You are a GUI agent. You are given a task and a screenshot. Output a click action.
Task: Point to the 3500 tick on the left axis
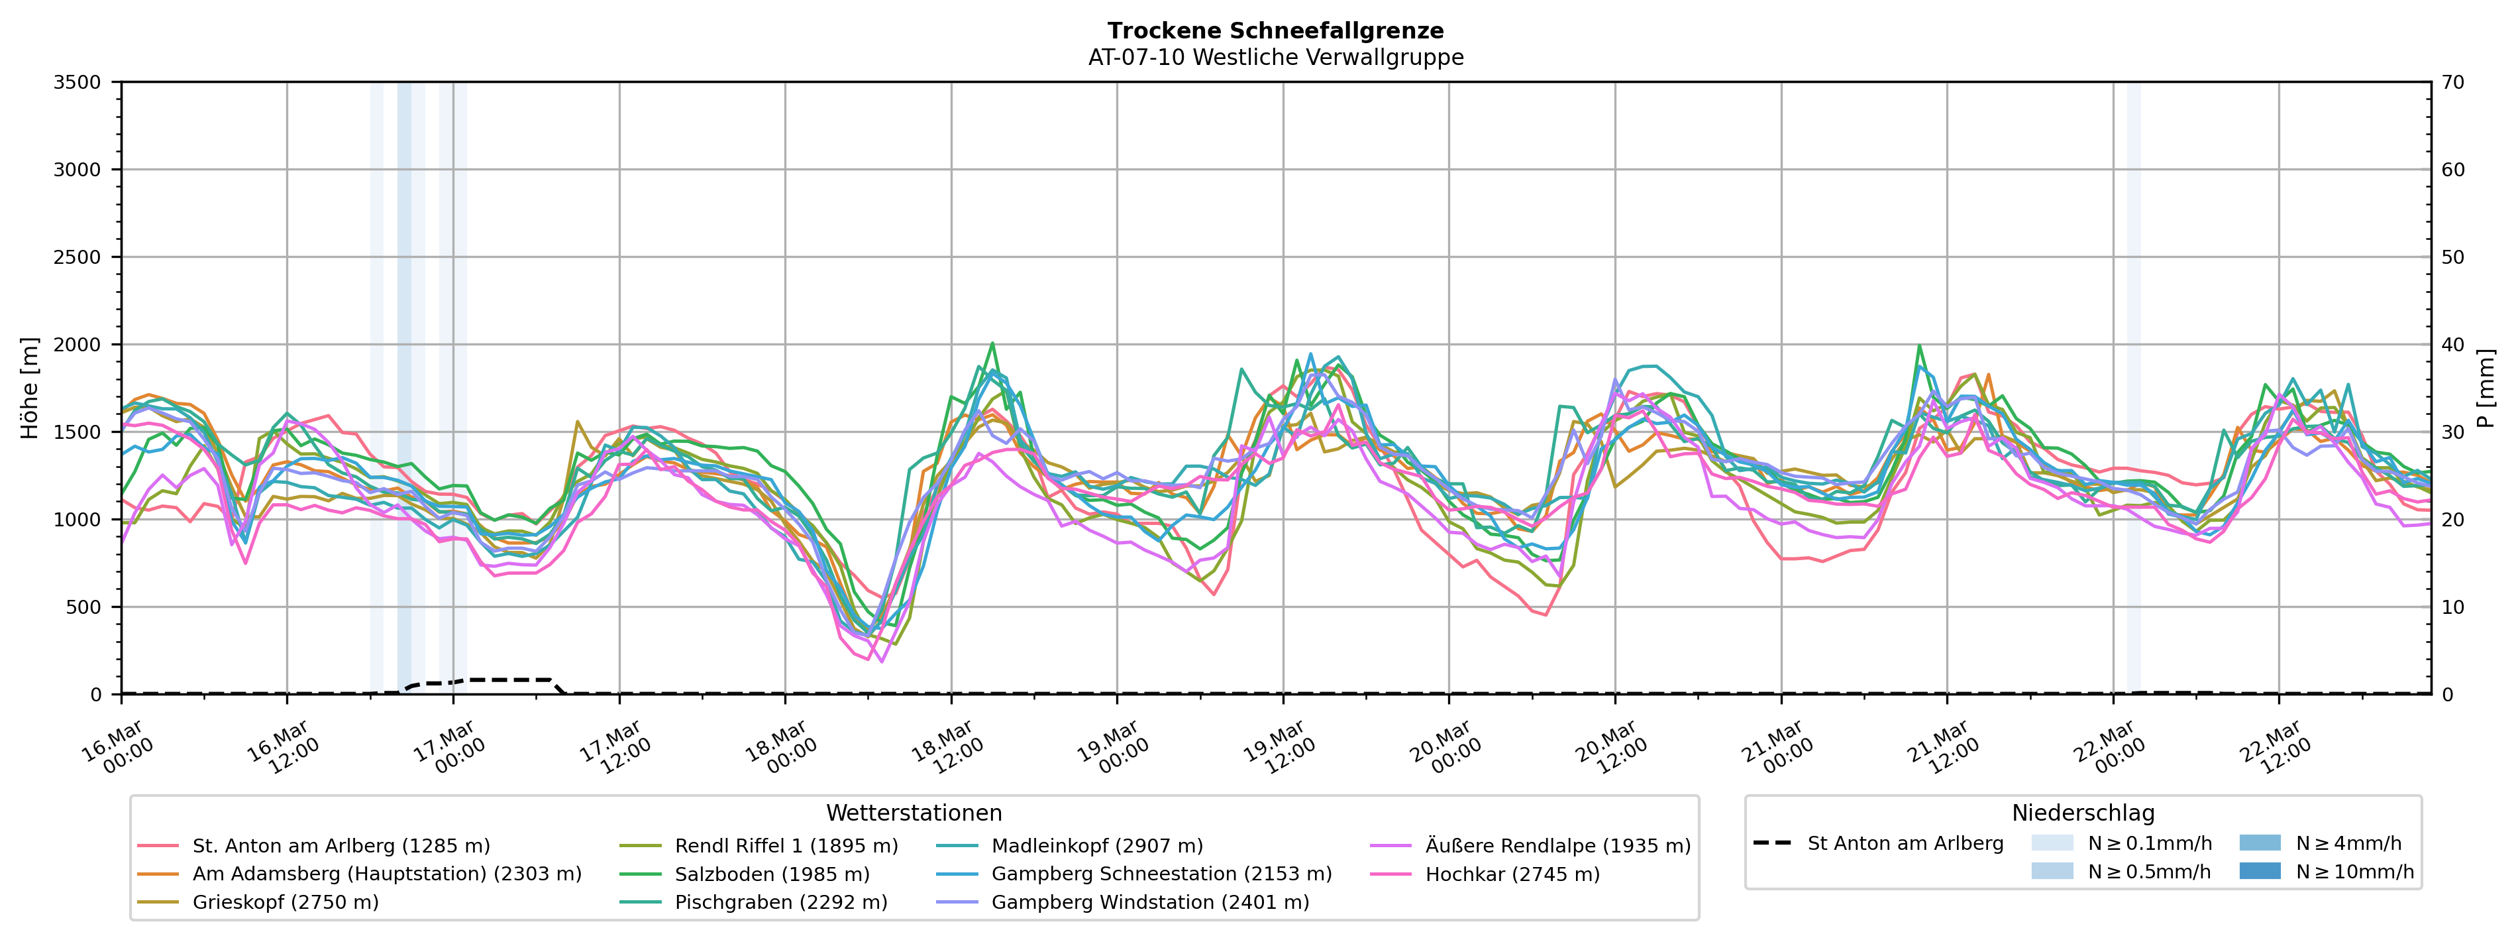78,82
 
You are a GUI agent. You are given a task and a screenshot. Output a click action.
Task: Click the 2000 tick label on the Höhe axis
78,344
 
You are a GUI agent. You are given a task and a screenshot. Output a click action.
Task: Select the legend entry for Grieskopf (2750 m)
284,902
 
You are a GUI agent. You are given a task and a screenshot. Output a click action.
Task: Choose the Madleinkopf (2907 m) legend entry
1097,845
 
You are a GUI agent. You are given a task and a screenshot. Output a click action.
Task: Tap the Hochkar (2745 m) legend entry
1512,874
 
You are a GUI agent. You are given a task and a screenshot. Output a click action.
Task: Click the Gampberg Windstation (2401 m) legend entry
1149,902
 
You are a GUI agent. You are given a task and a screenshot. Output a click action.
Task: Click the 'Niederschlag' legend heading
2082,813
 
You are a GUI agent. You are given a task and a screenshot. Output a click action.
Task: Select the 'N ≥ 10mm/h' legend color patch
2260,870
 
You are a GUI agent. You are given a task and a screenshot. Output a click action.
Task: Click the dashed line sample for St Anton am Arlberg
1772,843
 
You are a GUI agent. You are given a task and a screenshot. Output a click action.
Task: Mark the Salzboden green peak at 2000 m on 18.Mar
992,343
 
